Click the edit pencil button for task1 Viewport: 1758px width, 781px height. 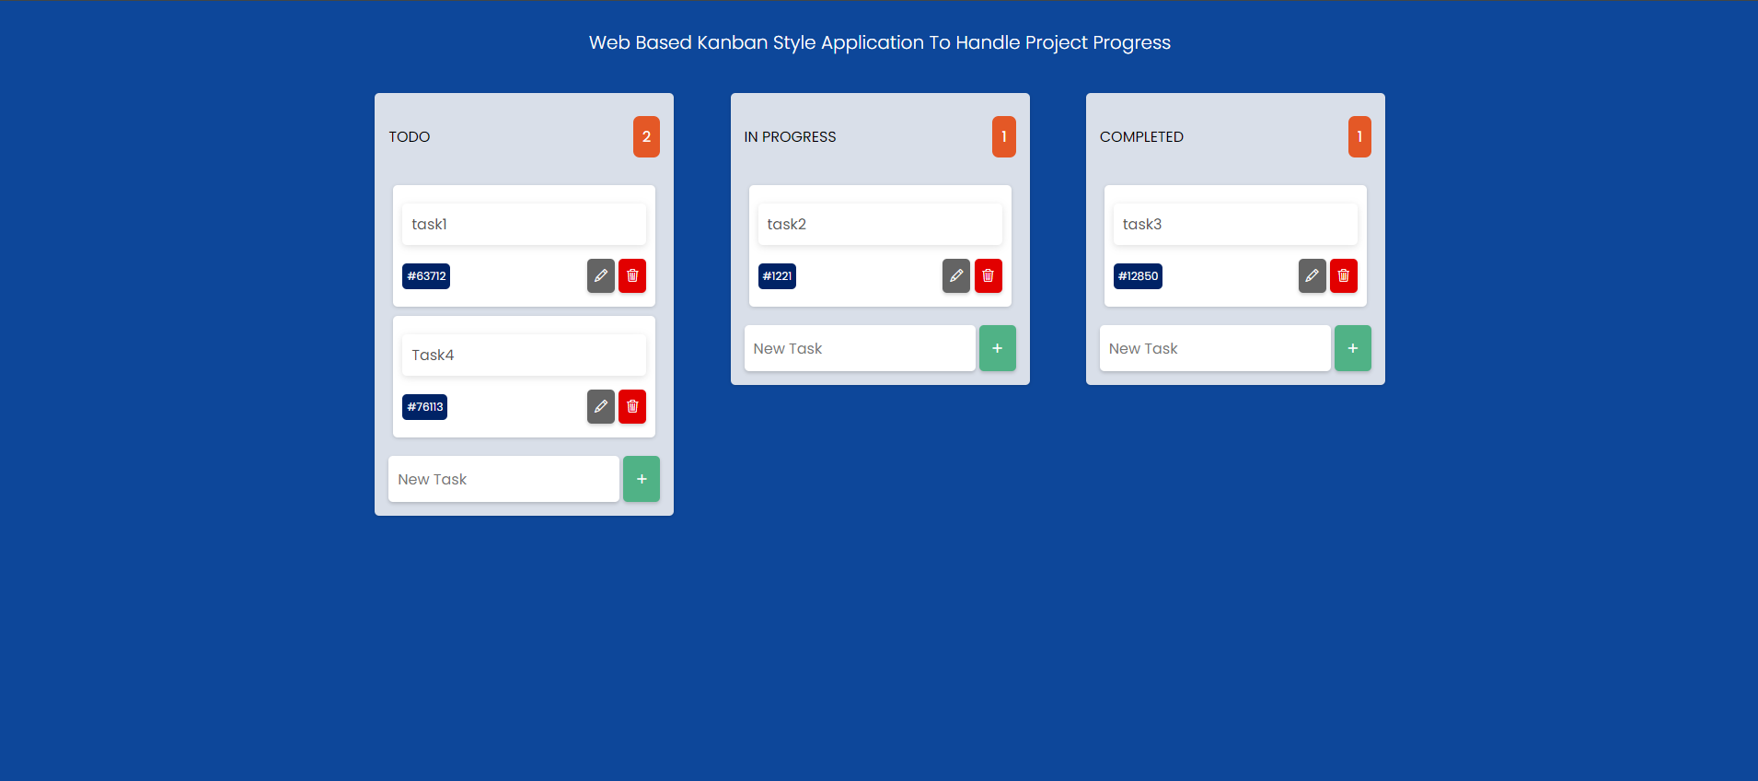point(601,275)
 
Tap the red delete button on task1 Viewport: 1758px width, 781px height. point(632,275)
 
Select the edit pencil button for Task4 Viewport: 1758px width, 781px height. point(601,406)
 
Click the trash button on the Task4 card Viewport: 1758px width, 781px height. point(632,406)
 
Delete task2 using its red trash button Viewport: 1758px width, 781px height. point(988,275)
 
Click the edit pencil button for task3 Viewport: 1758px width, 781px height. point(1313,275)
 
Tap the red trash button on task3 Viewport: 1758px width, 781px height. point(1344,275)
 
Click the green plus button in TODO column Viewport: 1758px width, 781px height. point(642,479)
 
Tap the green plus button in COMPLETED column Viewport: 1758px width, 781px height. point(1353,348)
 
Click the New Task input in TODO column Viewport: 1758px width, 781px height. point(503,479)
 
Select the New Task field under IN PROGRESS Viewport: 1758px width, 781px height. point(860,348)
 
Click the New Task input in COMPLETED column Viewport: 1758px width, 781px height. point(1215,348)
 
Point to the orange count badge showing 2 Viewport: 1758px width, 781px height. point(646,136)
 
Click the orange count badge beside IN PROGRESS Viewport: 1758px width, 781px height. point(1004,136)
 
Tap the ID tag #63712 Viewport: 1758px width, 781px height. point(426,276)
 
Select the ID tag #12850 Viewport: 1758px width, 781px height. point(1138,276)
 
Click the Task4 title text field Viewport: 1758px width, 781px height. point(524,355)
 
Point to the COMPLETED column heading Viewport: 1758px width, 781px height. point(1141,136)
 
